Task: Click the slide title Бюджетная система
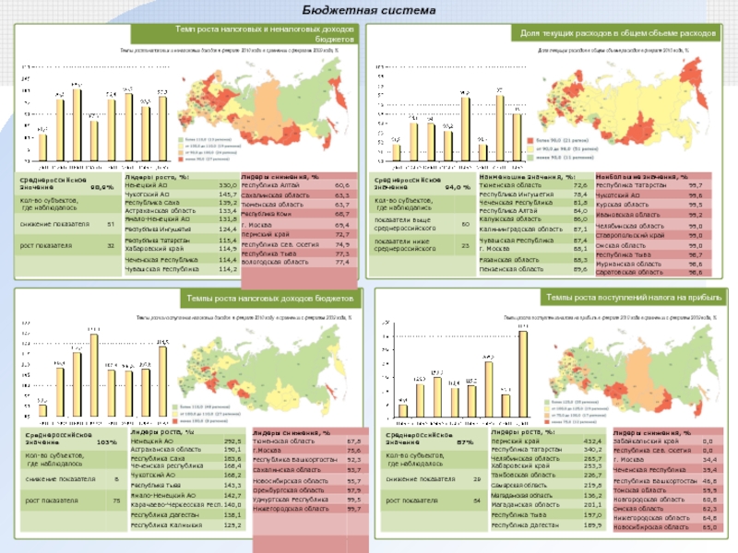click(368, 10)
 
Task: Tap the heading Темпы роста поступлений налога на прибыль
click(633, 298)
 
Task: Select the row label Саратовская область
click(628, 273)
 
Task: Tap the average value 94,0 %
click(453, 187)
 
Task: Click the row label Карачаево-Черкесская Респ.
click(173, 505)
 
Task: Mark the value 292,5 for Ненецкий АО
click(233, 441)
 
